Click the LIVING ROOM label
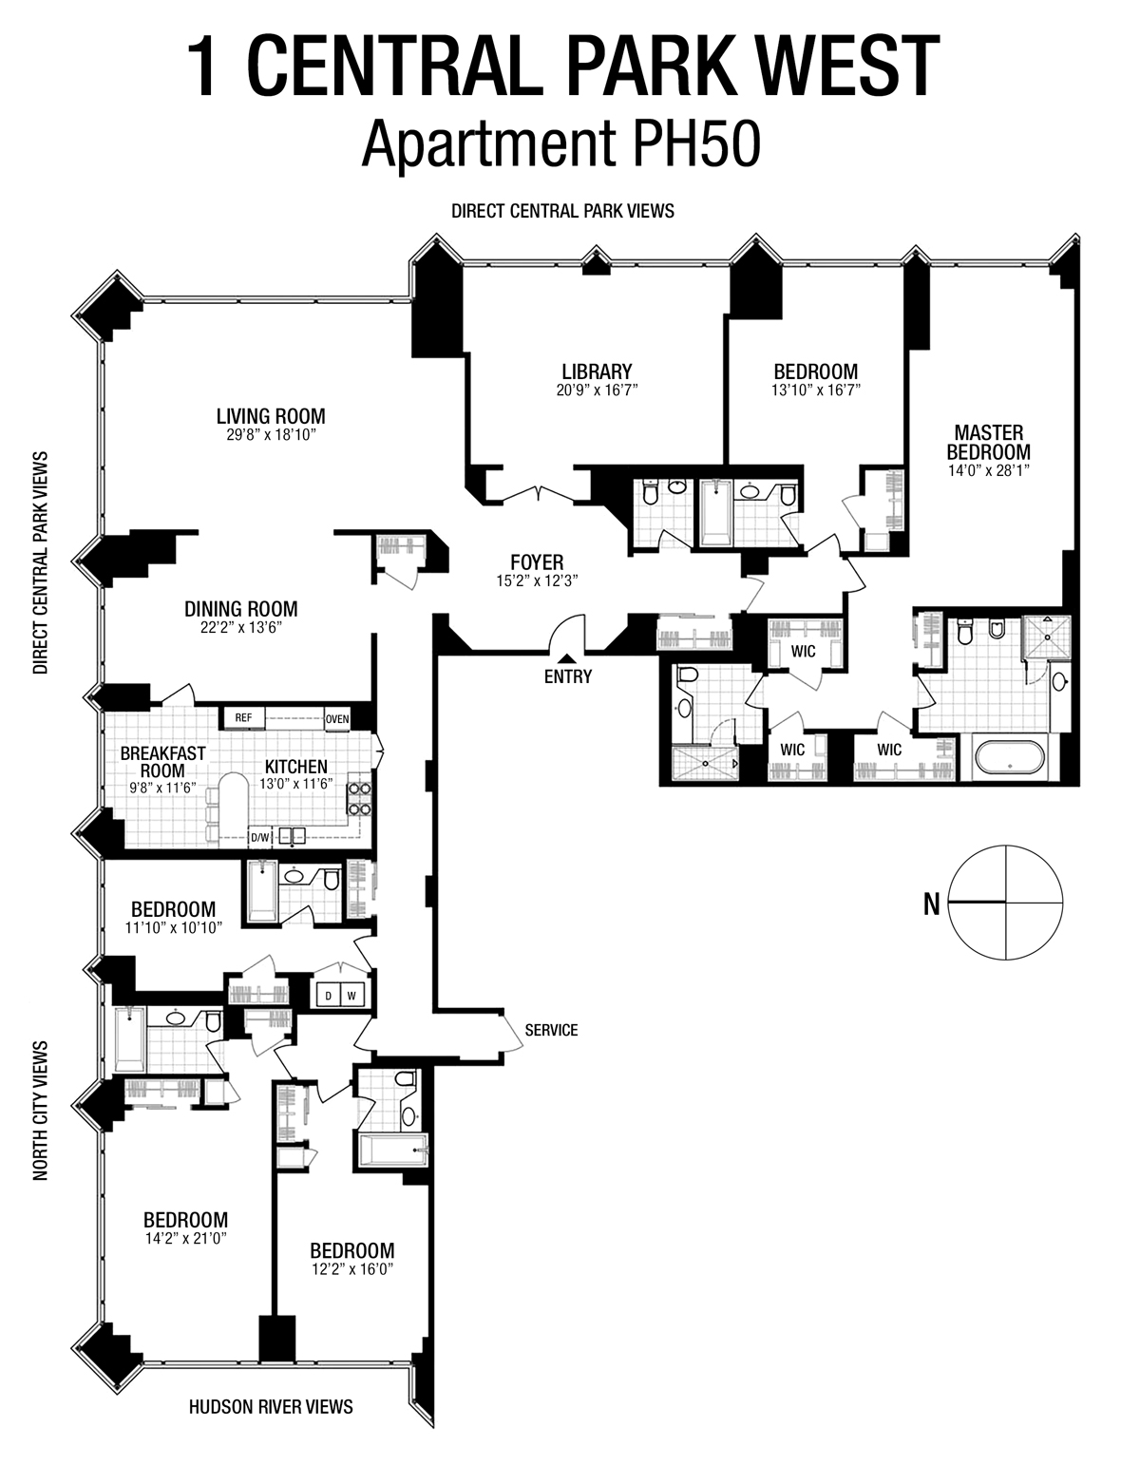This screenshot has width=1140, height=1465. pos(271,416)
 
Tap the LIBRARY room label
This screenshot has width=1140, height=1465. pos(597,371)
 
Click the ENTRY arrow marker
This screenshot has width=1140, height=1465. pos(567,658)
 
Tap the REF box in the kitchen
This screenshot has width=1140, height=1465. pos(244,718)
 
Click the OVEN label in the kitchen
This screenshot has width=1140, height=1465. pos(337,719)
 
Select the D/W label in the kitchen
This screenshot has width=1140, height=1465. pos(259,837)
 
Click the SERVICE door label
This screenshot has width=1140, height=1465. pos(551,1030)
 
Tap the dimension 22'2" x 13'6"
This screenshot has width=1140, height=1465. pos(240,627)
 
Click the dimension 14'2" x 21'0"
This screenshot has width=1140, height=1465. pos(185,1239)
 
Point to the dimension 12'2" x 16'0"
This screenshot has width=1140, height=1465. pos(351,1268)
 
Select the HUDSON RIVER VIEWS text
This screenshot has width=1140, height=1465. pos(271,1406)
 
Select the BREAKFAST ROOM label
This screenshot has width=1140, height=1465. pos(162,761)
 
